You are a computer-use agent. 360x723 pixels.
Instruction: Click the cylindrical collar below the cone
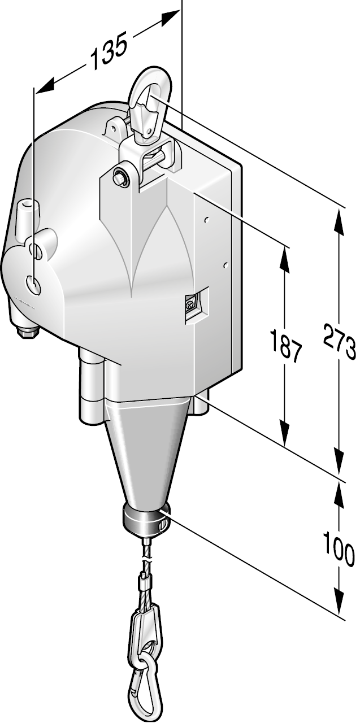click(x=146, y=520)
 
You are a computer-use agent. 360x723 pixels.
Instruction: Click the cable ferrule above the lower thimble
click(x=145, y=578)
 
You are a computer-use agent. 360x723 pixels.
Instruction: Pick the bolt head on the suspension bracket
click(x=121, y=175)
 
